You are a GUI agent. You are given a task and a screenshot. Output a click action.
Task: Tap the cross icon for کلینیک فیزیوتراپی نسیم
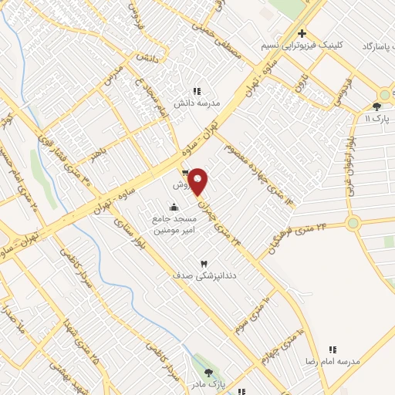[302, 33]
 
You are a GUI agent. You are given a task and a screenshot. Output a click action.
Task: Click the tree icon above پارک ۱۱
[376, 107]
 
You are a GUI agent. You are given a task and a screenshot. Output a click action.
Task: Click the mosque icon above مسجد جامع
[173, 206]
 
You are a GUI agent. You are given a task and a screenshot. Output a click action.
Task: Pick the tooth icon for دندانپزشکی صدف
[204, 264]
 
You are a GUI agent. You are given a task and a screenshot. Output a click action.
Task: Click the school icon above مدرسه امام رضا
[333, 349]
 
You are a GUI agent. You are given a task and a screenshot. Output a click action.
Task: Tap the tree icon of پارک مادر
[208, 373]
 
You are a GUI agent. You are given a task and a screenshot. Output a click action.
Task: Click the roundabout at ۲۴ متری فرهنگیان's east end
[353, 224]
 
